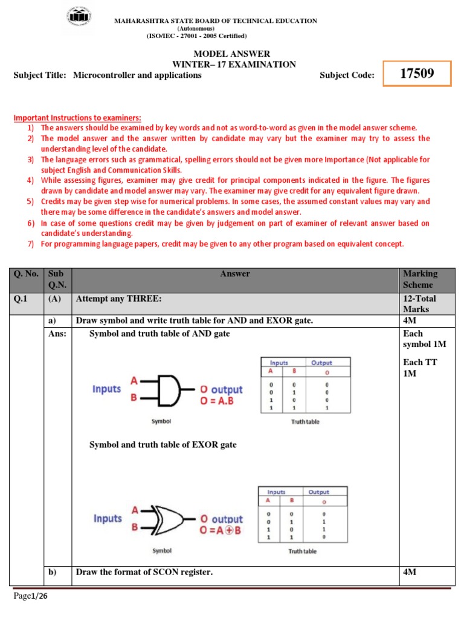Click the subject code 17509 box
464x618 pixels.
click(417, 74)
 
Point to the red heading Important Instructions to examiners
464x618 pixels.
click(77, 118)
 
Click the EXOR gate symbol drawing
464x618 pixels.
click(172, 518)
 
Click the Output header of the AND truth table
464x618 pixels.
click(321, 363)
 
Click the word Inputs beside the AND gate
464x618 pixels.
click(107, 389)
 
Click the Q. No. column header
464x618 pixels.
click(27, 273)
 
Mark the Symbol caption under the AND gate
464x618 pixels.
click(161, 421)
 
